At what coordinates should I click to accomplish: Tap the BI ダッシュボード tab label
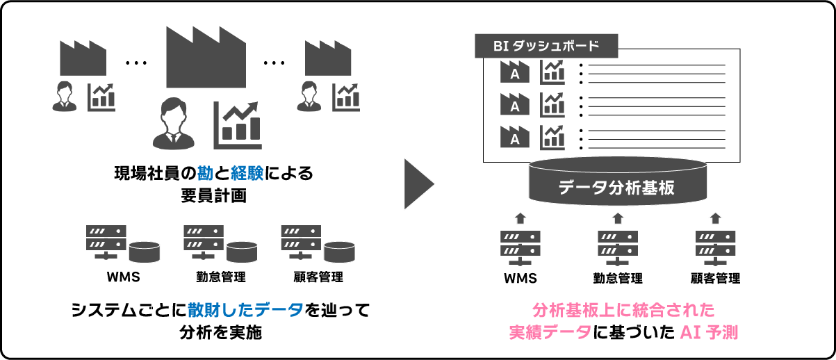(x=546, y=47)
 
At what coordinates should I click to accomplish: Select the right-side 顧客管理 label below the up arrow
(x=715, y=279)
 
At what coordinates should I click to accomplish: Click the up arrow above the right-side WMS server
(x=521, y=218)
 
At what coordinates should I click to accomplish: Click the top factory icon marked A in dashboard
(x=515, y=72)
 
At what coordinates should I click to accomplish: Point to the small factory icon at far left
(x=83, y=58)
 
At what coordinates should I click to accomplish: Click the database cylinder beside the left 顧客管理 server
(x=340, y=250)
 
